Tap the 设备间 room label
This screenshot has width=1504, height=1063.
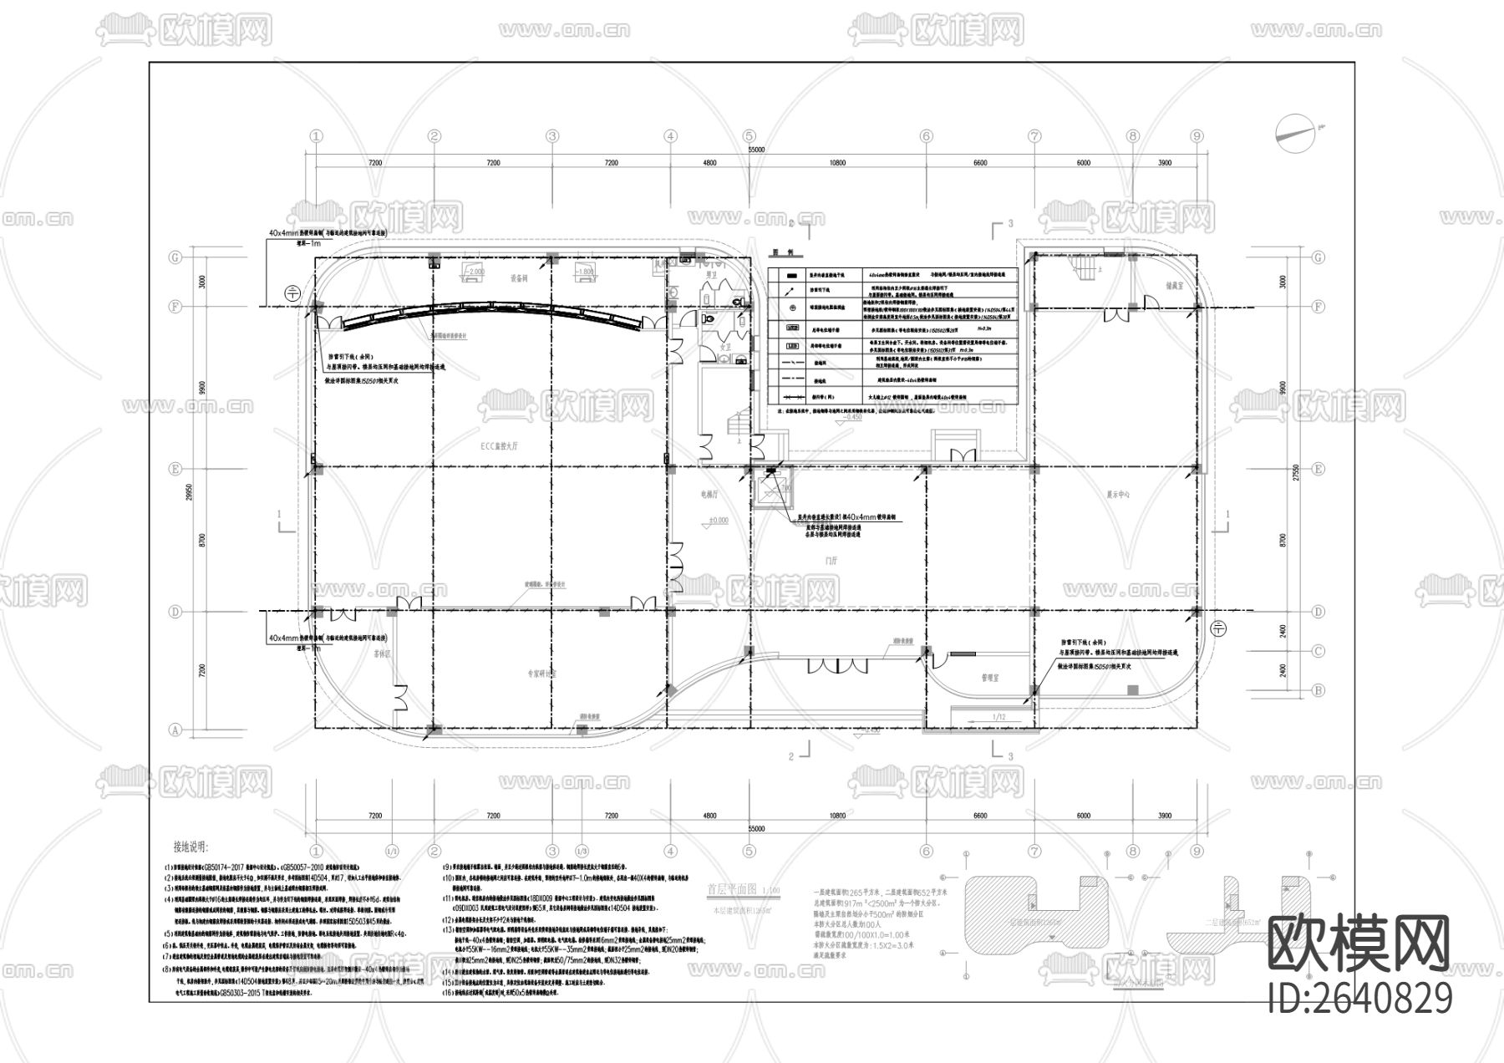coord(520,278)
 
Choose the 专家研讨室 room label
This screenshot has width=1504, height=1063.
coord(541,672)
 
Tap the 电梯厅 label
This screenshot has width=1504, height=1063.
coord(709,495)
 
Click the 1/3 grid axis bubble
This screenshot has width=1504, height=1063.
coord(582,851)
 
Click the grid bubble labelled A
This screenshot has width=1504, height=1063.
coord(175,730)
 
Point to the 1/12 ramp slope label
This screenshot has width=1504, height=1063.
coord(998,718)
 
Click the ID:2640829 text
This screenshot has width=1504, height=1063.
coord(1359,998)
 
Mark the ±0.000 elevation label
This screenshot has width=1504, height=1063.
coord(718,521)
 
